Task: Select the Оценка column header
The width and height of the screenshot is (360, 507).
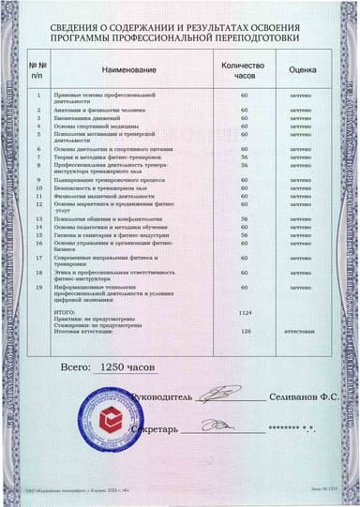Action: point(300,69)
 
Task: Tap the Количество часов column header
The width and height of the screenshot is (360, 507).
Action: point(244,69)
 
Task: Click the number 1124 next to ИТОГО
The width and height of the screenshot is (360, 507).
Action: point(246,310)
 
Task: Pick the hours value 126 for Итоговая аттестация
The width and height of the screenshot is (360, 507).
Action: point(246,331)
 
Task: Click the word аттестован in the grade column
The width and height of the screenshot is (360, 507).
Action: point(300,331)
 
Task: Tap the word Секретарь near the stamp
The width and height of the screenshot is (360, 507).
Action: point(152,427)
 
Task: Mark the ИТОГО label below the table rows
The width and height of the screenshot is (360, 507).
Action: point(67,310)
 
